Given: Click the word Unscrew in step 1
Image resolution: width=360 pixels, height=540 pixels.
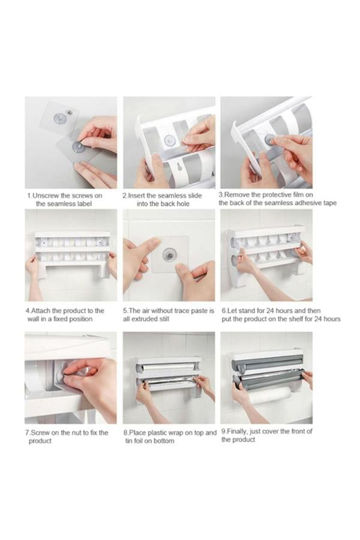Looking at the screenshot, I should coord(47,196).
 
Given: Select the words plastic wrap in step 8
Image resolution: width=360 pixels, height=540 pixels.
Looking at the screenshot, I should coord(164,433).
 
